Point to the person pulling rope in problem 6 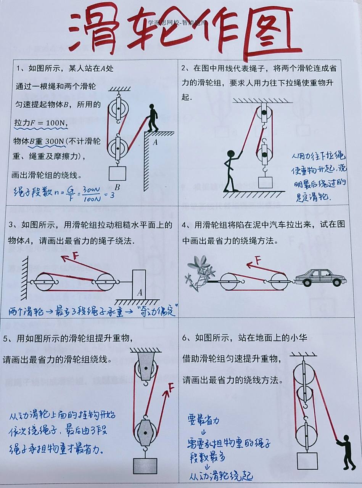click(x=348, y=452)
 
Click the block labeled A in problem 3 click(x=140, y=284)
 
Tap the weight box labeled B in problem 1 click(x=117, y=173)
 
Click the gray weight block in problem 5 click(x=145, y=466)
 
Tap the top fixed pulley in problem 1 click(x=118, y=109)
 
